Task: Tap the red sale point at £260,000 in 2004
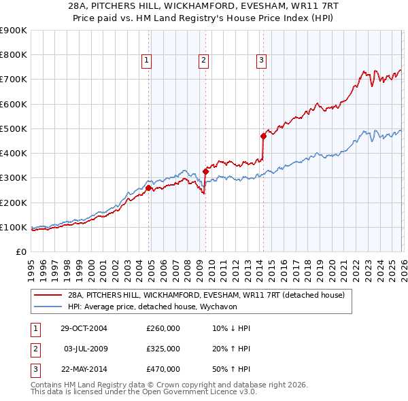point(149,188)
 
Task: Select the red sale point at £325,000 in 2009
point(205,171)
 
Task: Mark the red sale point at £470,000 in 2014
point(263,136)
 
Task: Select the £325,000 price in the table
point(163,349)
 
